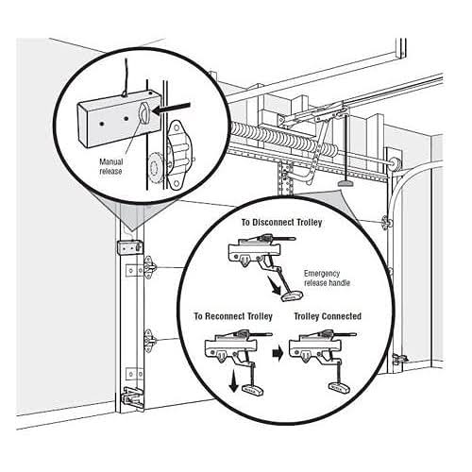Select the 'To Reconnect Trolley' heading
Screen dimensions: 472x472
click(233, 315)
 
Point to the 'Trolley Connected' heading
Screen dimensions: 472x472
click(328, 315)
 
